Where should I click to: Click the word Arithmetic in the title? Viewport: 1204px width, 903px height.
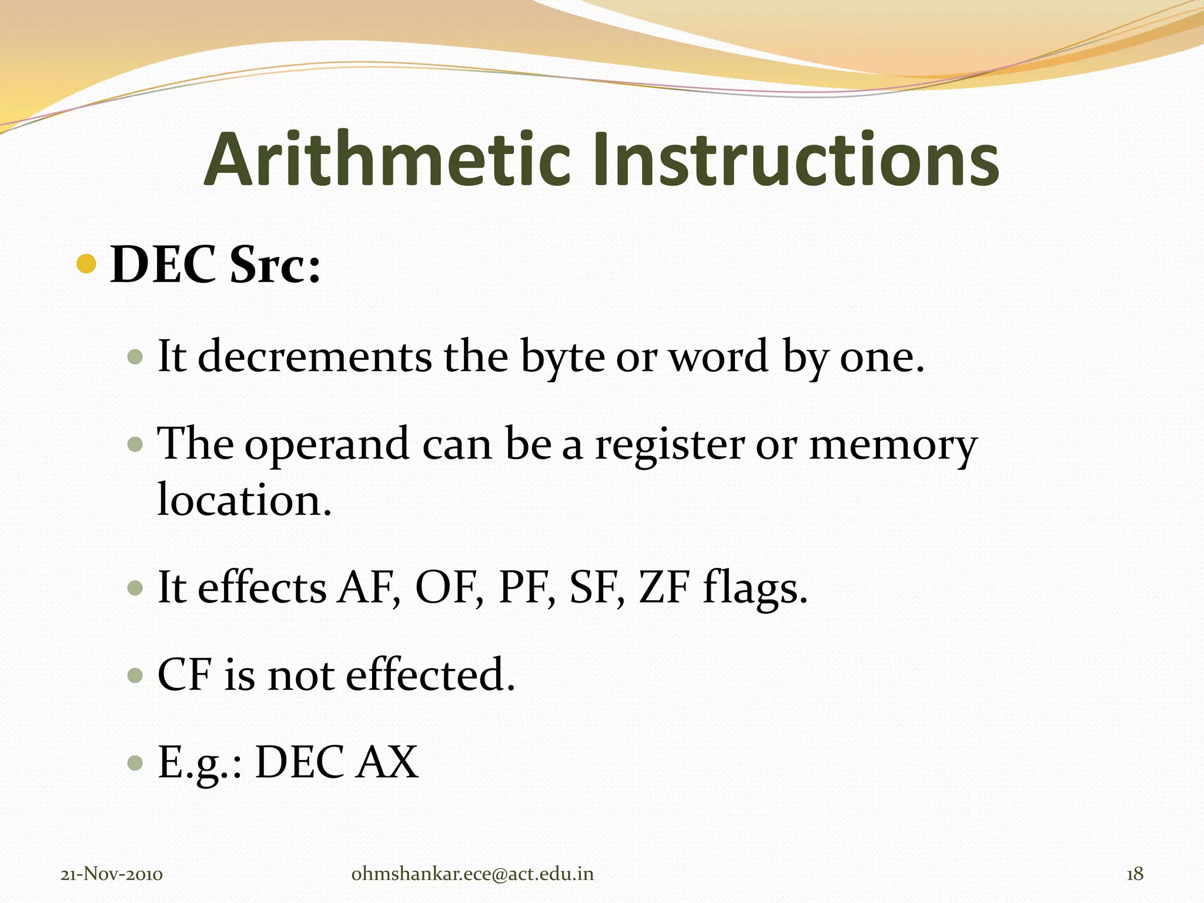pos(387,160)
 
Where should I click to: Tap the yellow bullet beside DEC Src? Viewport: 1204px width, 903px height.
pos(86,264)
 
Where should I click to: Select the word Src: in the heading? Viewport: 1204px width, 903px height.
pos(275,265)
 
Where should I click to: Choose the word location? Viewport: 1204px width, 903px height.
pos(245,500)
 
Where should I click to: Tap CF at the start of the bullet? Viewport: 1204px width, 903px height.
pos(184,674)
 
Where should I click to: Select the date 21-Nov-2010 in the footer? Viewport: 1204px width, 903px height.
pos(112,874)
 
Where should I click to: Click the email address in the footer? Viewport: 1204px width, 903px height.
pos(473,874)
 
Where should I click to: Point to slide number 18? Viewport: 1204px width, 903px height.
pos(1135,874)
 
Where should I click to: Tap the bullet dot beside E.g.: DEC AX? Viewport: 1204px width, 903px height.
pos(135,763)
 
